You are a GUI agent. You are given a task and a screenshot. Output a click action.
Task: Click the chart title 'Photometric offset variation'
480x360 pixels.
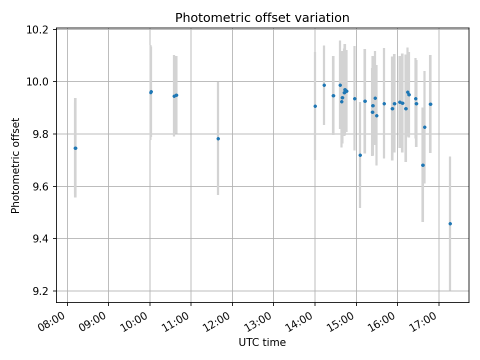(x=262, y=18)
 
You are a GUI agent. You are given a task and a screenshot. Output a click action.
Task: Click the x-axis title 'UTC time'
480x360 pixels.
(x=262, y=342)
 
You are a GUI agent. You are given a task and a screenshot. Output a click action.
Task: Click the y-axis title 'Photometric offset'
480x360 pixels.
(x=15, y=165)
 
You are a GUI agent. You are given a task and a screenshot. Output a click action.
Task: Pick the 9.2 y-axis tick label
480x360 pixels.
(x=43, y=291)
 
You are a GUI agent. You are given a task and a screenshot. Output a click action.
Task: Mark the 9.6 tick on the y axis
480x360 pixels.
(x=43, y=186)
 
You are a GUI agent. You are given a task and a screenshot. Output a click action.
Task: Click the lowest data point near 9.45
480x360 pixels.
(x=450, y=223)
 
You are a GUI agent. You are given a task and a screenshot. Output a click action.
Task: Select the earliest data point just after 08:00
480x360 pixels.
(x=75, y=148)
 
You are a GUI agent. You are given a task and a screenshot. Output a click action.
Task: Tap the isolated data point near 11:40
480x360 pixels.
(x=218, y=138)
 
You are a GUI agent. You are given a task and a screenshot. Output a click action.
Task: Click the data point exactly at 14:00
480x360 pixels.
(x=315, y=106)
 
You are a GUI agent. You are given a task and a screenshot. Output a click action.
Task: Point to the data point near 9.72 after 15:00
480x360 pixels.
(x=360, y=155)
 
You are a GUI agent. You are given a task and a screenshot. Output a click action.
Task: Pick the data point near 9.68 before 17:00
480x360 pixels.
(x=422, y=165)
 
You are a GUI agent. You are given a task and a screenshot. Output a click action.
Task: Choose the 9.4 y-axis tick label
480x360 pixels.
(x=43, y=239)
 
